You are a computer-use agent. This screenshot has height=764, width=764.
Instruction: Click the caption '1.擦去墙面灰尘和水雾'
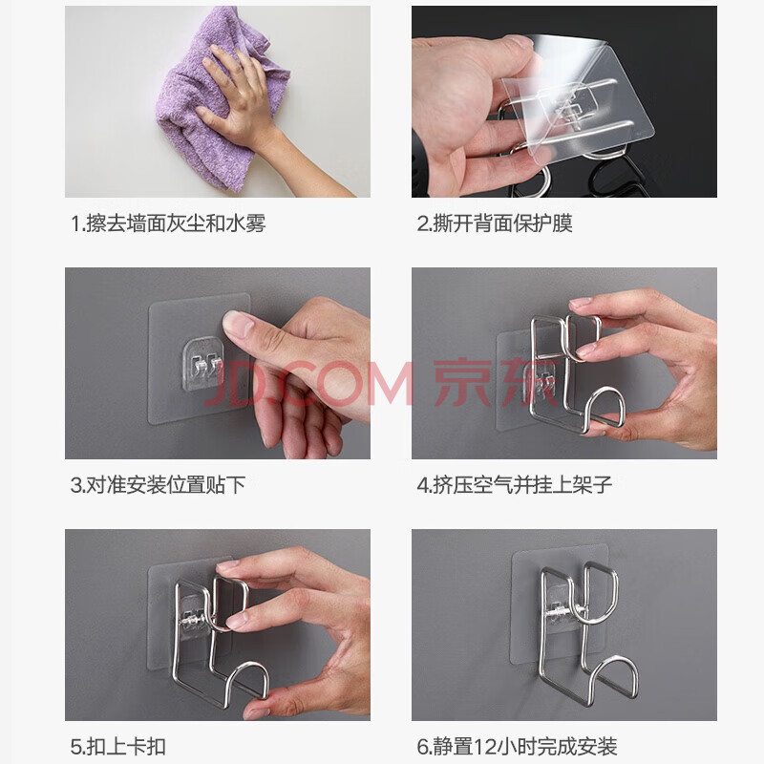pos(168,223)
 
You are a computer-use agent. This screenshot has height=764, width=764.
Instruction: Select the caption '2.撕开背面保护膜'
pos(495,223)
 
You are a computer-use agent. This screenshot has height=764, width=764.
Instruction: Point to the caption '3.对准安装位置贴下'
pos(158,485)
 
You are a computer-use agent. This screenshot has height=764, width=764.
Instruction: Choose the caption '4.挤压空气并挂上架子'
pos(515,485)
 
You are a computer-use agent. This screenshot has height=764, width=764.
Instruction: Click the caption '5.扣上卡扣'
pos(118,747)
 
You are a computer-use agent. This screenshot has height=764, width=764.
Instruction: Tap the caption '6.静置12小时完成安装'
pos(517,747)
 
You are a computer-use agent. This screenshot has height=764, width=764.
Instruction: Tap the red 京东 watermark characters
pos(495,384)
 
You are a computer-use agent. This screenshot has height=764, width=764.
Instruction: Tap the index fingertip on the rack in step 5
pos(228,566)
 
